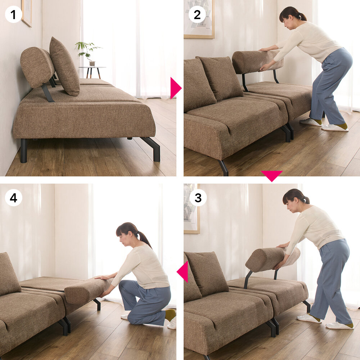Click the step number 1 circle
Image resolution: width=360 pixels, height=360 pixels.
coord(13,14)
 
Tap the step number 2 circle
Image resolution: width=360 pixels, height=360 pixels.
coord(197,14)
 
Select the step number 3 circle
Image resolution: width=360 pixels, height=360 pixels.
coord(198,197)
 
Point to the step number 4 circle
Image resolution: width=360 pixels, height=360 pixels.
coord(13,197)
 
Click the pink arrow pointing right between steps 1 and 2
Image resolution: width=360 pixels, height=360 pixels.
coord(176,88)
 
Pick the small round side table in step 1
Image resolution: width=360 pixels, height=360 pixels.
coord(92,72)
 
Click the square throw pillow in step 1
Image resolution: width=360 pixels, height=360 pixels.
coord(64,67)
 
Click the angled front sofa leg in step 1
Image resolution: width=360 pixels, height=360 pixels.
coord(152,149)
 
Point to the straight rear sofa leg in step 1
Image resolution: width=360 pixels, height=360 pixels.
coord(24,150)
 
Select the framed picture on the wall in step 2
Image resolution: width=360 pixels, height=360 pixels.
coord(199,19)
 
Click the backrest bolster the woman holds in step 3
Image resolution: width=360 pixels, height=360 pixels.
coord(273,259)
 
